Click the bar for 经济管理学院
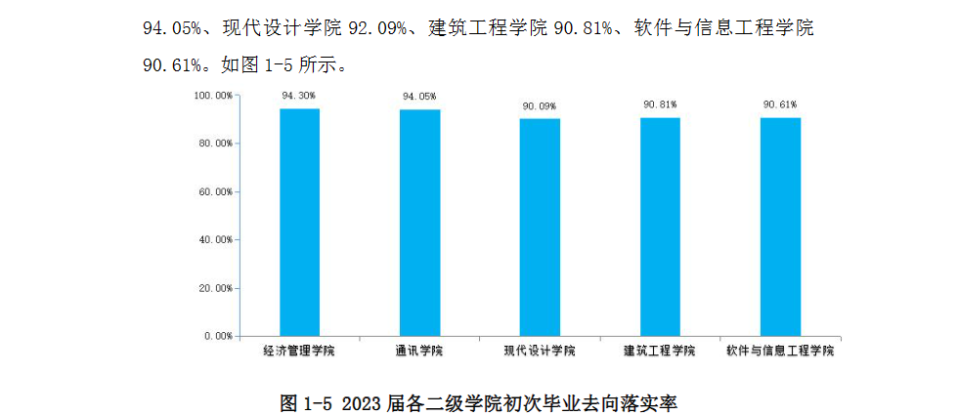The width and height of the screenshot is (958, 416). (x=299, y=222)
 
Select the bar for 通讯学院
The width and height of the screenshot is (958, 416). (x=419, y=223)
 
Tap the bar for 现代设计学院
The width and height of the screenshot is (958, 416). (x=540, y=227)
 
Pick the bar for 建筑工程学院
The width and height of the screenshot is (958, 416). (x=660, y=226)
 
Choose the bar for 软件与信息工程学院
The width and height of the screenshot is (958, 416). (x=780, y=227)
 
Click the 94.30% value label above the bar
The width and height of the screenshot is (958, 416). (x=299, y=96)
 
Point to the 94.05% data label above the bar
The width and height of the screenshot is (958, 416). (x=419, y=97)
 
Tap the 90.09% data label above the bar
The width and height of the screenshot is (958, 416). (x=540, y=105)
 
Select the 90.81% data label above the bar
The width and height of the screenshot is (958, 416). (x=660, y=104)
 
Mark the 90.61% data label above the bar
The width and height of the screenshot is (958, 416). (x=780, y=104)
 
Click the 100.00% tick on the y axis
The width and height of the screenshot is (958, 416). (x=212, y=96)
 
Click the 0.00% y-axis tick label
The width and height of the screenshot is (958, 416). (x=217, y=336)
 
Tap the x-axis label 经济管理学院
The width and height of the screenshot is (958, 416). (x=299, y=351)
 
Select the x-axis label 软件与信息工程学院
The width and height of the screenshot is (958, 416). (x=780, y=351)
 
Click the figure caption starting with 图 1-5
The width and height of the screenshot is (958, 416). (x=479, y=401)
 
